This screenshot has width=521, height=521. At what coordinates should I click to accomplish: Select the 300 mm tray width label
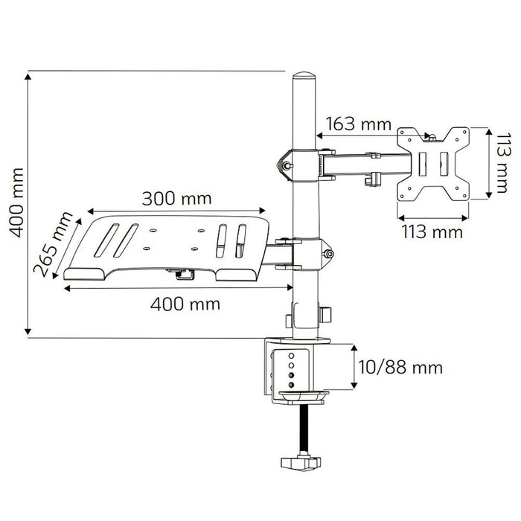(x=177, y=199)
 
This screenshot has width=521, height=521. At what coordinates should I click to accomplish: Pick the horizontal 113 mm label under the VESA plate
(x=432, y=231)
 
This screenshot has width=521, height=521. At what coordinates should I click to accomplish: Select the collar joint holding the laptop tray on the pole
(x=303, y=252)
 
